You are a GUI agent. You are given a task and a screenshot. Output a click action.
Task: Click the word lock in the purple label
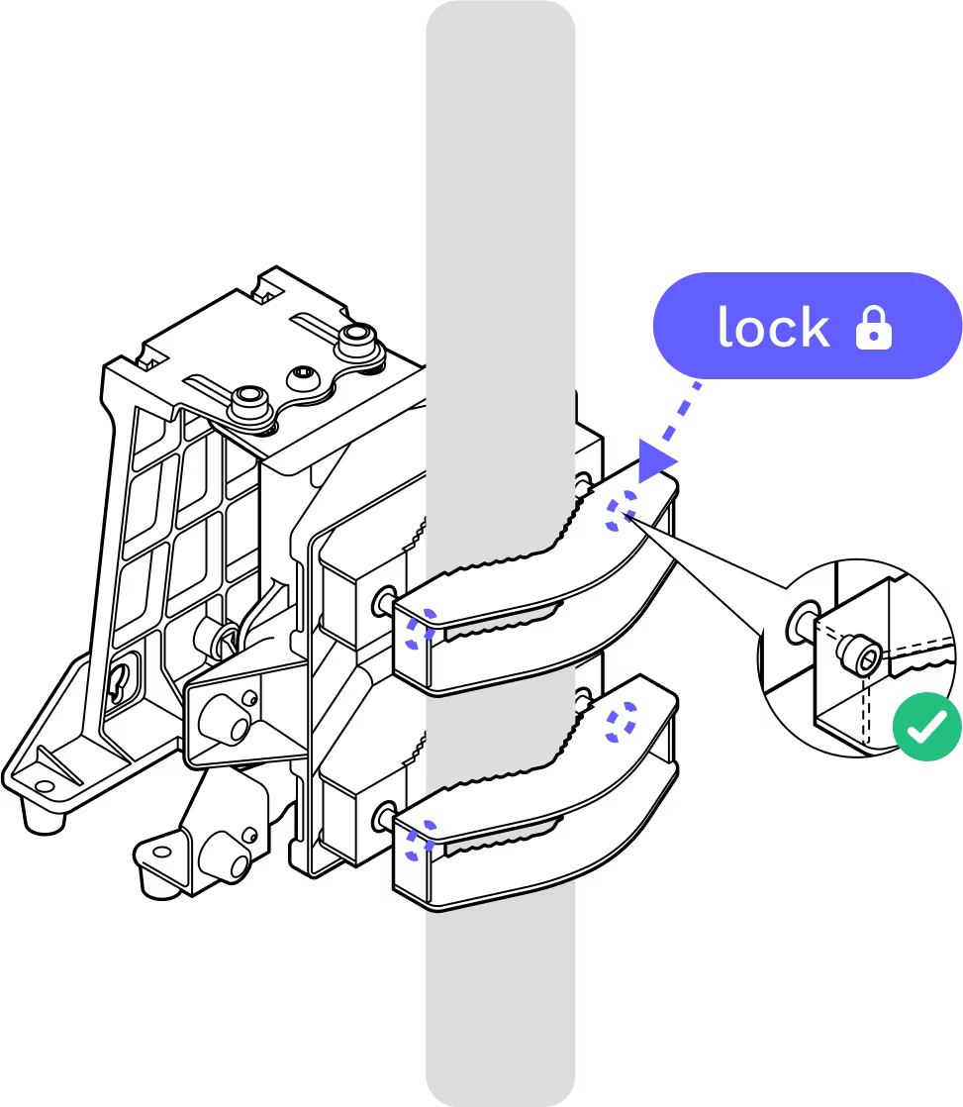tap(773, 328)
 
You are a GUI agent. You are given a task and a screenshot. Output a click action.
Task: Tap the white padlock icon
tap(873, 329)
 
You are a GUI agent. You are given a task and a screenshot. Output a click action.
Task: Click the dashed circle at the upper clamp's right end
tap(622, 511)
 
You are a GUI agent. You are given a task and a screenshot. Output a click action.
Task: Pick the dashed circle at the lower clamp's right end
tap(622, 721)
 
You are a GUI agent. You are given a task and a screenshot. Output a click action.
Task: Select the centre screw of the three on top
tap(301, 378)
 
